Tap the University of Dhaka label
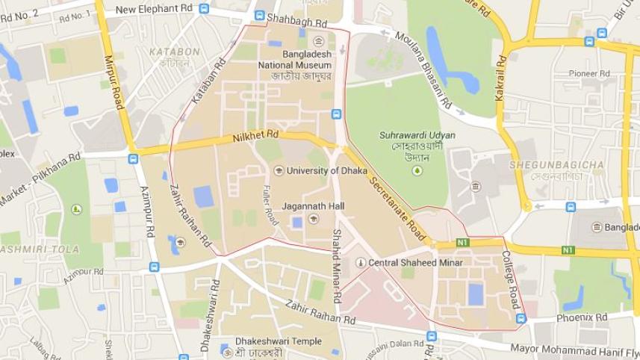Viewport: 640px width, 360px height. [x=323, y=171]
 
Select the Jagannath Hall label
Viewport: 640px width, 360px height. [x=313, y=205]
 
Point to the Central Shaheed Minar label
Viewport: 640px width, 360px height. [x=415, y=263]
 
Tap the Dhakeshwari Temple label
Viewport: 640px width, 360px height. [x=279, y=341]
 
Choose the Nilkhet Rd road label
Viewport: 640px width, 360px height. [x=255, y=137]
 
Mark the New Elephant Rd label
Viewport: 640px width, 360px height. [x=155, y=9]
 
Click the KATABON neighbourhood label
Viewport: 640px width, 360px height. [x=175, y=52]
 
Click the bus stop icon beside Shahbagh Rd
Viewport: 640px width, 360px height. [x=259, y=15]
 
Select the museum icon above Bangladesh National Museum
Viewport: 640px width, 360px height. [x=319, y=41]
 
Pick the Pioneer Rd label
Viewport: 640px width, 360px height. [x=589, y=73]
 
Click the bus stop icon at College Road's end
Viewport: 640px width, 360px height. [x=521, y=319]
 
